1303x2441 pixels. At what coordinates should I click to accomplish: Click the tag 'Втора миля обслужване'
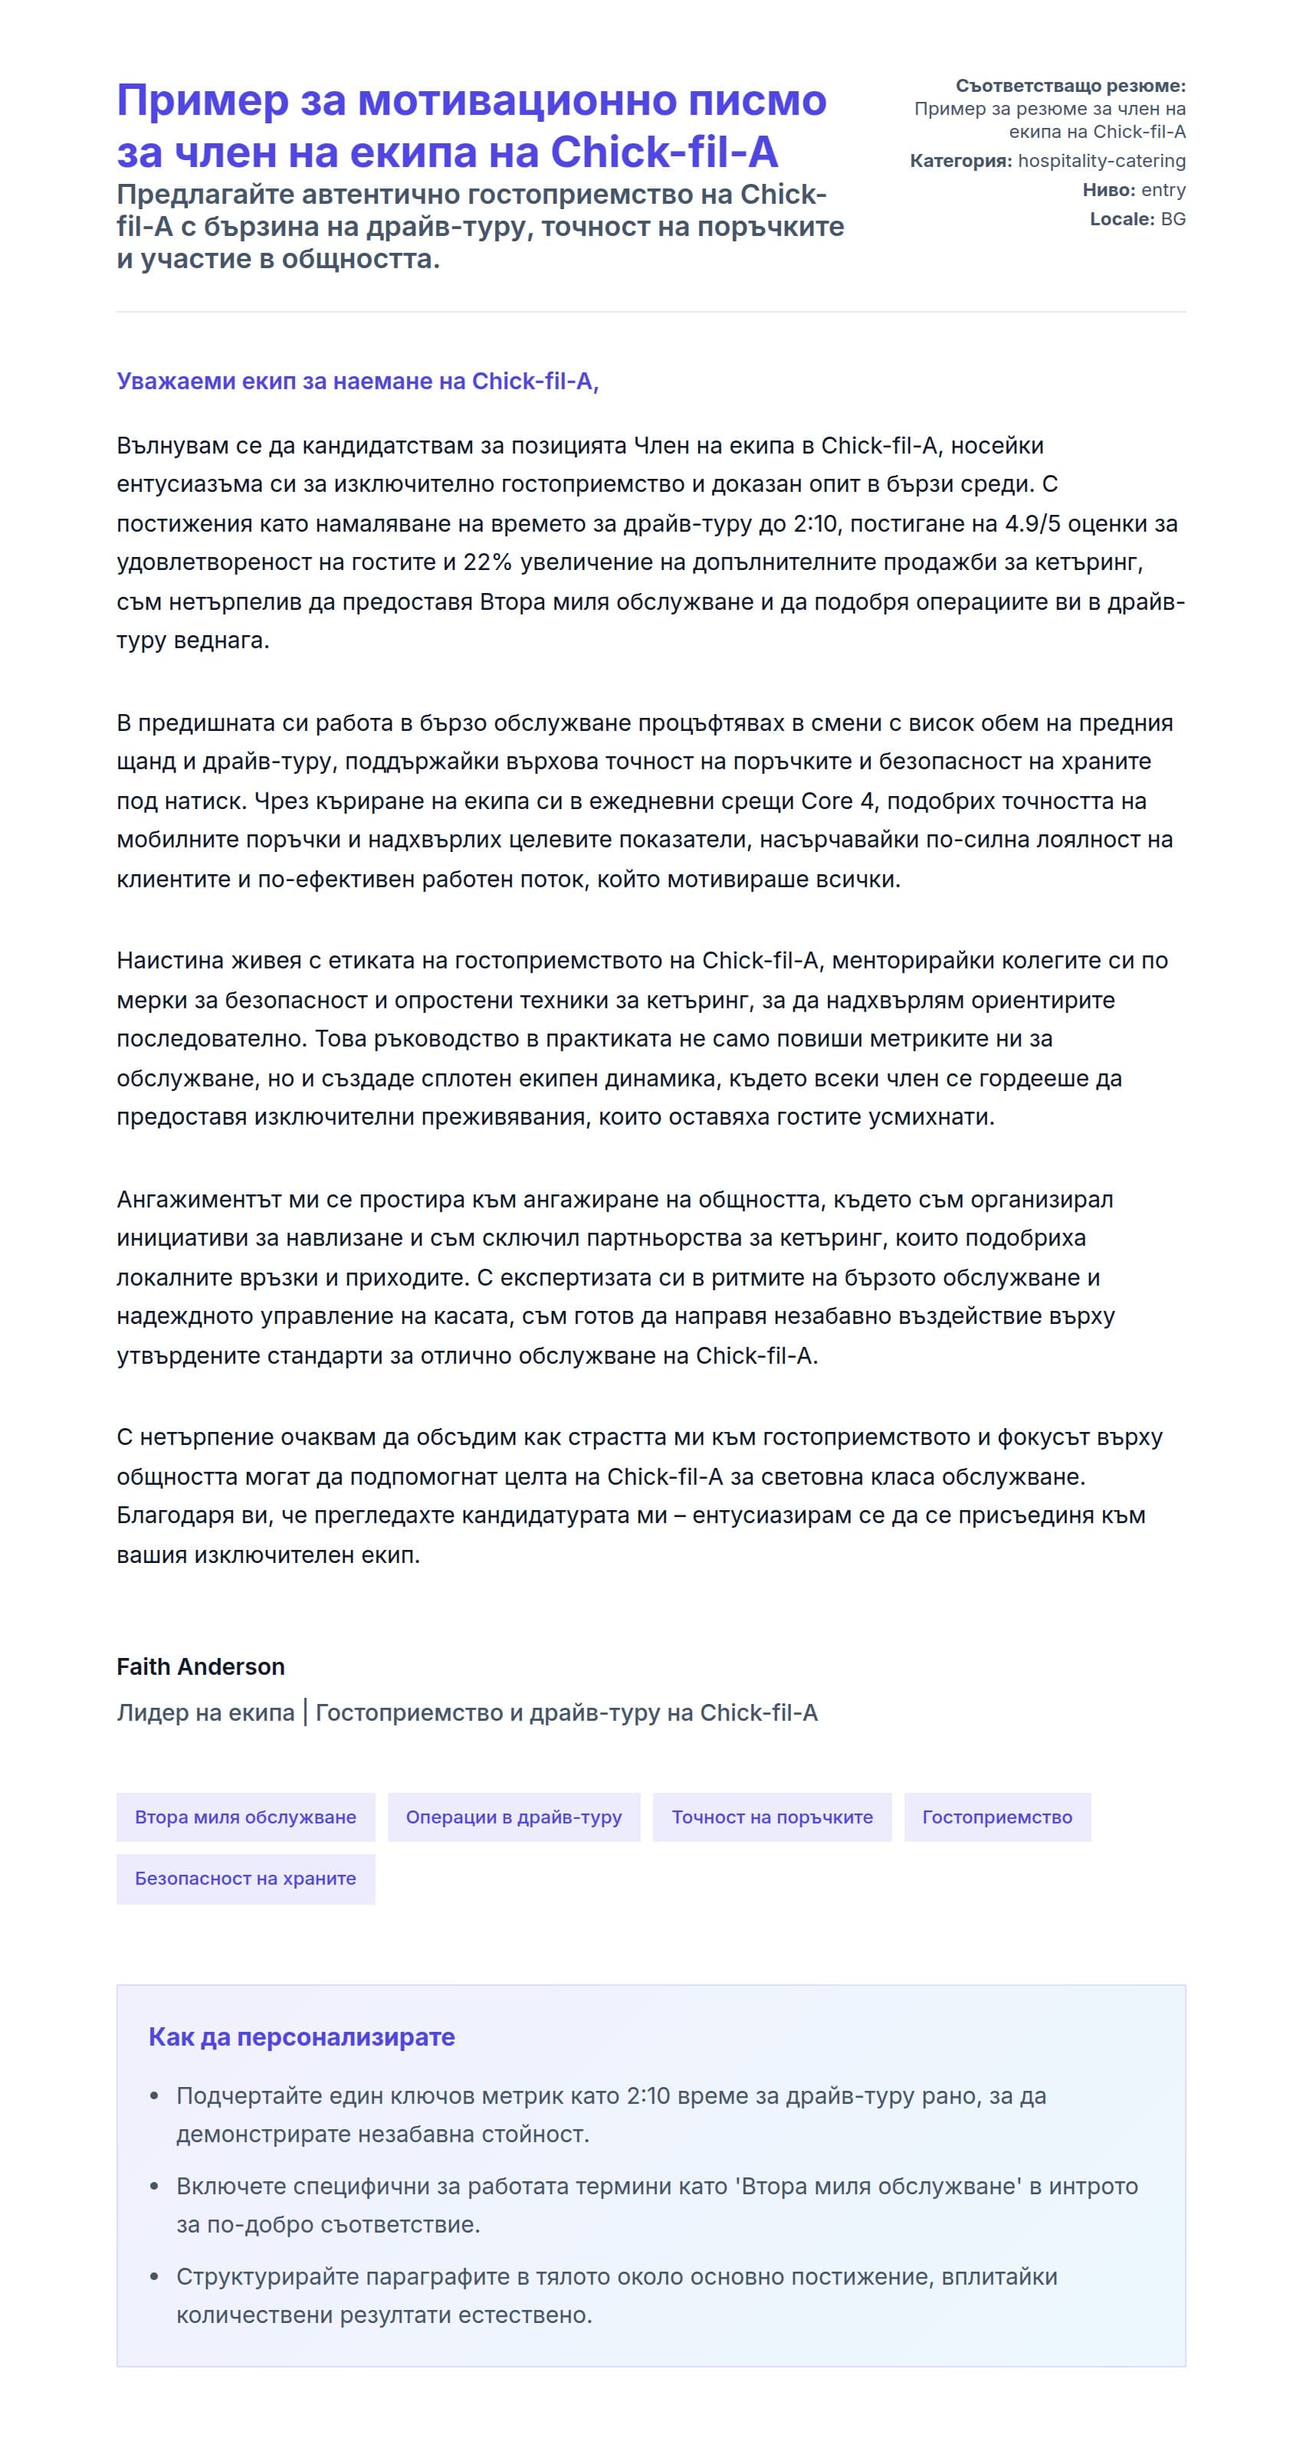click(245, 1817)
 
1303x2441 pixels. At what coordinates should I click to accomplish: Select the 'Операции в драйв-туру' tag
click(514, 1817)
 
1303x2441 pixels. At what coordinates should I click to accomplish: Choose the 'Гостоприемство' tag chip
click(997, 1817)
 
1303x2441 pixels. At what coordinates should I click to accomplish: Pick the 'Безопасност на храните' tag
click(245, 1878)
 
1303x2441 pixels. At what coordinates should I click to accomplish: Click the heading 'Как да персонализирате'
click(301, 2036)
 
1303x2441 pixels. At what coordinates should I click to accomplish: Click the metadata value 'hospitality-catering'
click(1101, 161)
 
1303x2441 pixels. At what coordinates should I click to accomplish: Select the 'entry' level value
click(1163, 189)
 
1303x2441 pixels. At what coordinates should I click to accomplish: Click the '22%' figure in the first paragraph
click(487, 562)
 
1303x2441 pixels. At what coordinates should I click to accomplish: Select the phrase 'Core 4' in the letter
click(838, 801)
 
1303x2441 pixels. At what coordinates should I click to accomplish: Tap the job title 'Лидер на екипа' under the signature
click(205, 1712)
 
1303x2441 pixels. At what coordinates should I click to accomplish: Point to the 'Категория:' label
click(960, 161)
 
